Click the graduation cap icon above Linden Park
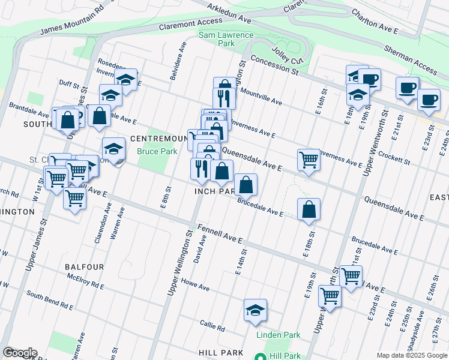click(255, 310)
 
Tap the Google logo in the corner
click(20, 353)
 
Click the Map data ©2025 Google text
click(411, 355)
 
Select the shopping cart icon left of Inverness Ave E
click(308, 160)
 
